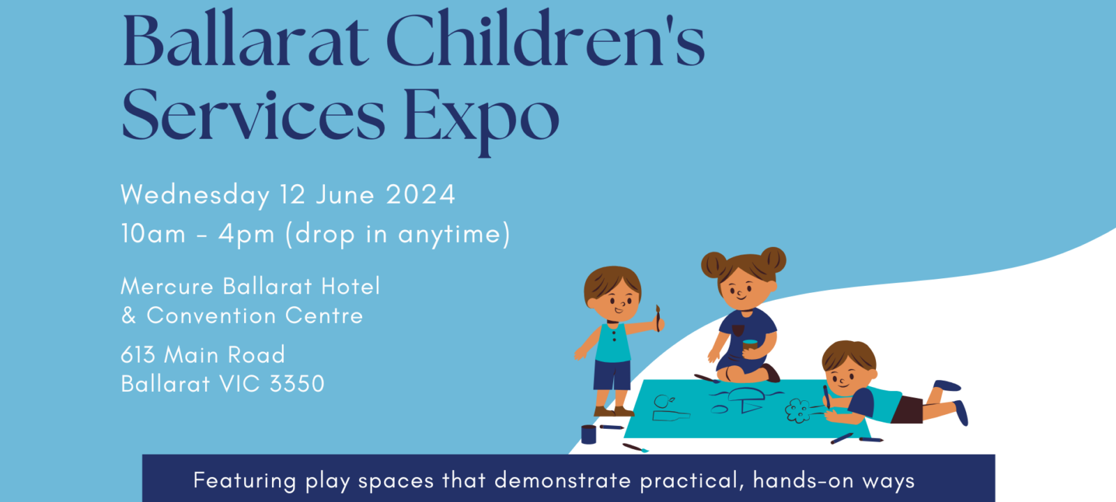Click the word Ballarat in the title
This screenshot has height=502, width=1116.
click(246, 39)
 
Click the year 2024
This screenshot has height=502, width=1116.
click(421, 195)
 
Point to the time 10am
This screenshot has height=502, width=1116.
click(153, 234)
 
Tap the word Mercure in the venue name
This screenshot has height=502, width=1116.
click(167, 287)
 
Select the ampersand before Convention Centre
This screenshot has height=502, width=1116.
click(128, 316)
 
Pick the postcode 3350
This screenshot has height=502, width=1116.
click(297, 384)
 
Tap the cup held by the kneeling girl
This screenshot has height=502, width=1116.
click(750, 345)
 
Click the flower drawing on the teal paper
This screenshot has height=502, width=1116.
click(798, 411)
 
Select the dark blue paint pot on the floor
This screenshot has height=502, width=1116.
click(589, 434)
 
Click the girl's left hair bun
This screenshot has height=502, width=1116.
click(714, 265)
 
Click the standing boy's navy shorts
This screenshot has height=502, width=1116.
click(612, 376)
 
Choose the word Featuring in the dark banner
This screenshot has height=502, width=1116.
click(245, 480)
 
